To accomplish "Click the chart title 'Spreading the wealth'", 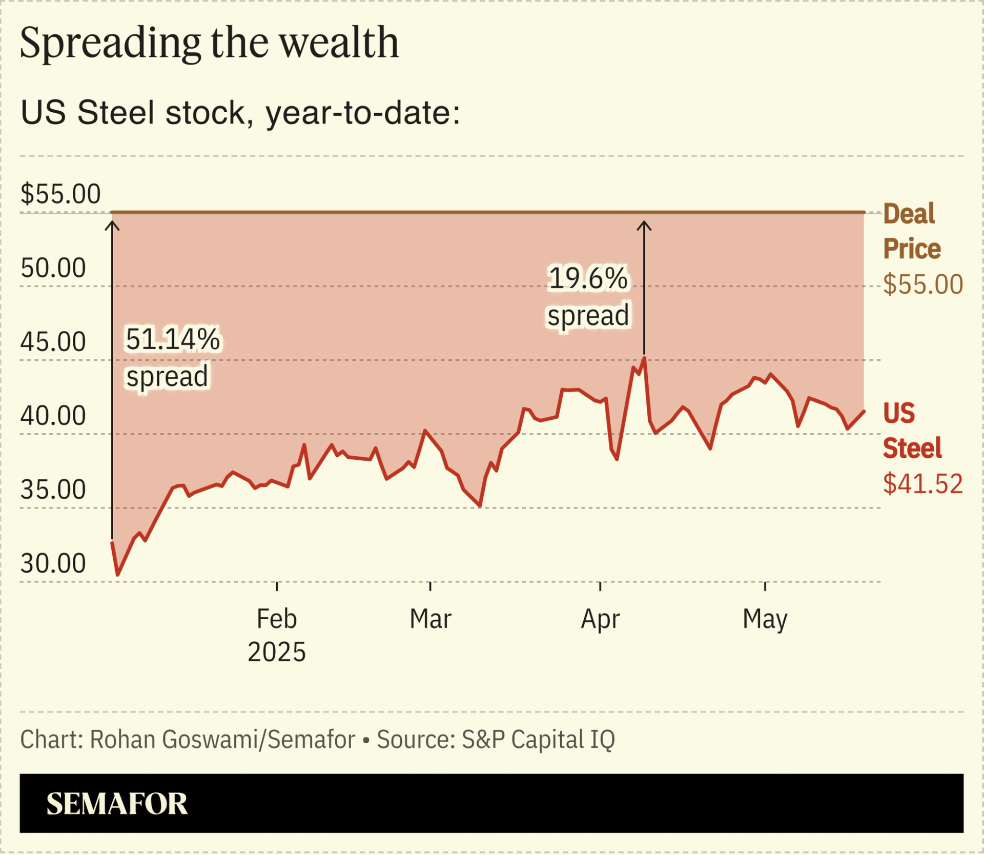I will pos(209,43).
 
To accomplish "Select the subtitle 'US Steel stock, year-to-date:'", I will pos(240,113).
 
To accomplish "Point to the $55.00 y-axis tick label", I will pos(60,194).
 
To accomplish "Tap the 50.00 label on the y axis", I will pos(53,268).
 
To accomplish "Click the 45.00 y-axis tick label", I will pos(53,342).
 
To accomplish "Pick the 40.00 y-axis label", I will pos(53,416).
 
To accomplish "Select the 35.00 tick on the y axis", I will pos(53,490).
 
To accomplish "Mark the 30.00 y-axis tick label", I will pos(53,563).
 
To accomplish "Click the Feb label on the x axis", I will pos(277,619).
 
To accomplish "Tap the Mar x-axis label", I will pos(430,619).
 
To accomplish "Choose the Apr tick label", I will pos(600,619).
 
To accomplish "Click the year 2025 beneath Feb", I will pos(277,652).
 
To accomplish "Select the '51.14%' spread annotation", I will pos(173,339).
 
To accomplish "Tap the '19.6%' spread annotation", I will pos(588,279).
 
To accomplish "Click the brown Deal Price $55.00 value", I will pos(923,284).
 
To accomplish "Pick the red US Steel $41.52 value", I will pos(923,484).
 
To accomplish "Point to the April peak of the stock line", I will pos(644,358).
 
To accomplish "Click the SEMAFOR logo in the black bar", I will pos(117,803).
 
